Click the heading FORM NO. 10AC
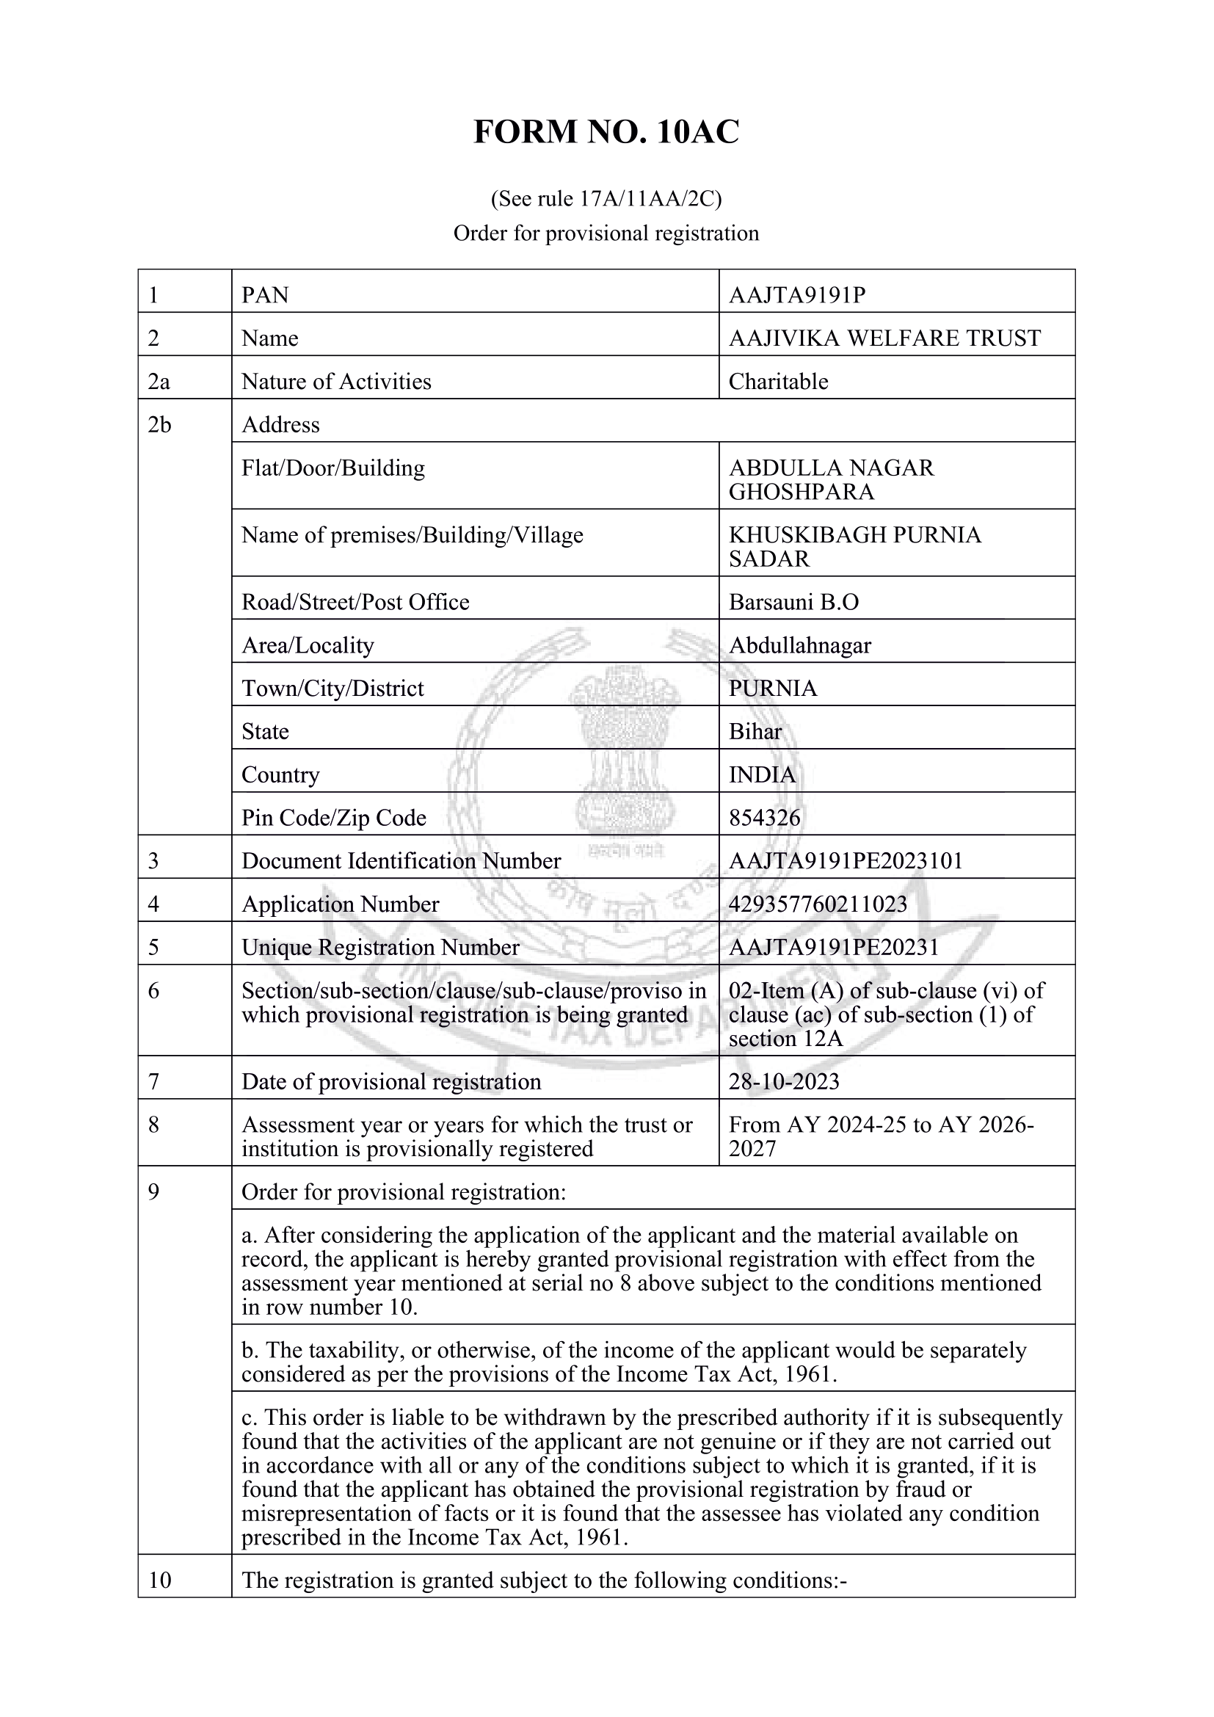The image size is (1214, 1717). [606, 132]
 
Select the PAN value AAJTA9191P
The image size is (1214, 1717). [797, 295]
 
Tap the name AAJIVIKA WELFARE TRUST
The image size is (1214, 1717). [884, 338]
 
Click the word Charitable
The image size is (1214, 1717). [778, 382]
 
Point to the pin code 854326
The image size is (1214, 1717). [764, 818]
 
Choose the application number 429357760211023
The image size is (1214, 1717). [818, 905]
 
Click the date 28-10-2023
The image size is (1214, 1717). [784, 1082]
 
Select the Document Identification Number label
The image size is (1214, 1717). [401, 862]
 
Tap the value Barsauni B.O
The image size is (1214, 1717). [794, 603]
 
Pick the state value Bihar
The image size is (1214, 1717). [755, 731]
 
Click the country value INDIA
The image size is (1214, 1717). [762, 774]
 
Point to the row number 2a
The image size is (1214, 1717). [159, 382]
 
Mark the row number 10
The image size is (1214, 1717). [160, 1580]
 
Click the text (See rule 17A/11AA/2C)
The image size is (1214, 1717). [606, 199]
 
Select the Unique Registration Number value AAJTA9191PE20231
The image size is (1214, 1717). [834, 948]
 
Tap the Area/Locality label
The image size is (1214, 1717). [308, 645]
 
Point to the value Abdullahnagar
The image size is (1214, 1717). [800, 645]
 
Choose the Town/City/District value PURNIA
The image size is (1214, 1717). [773, 689]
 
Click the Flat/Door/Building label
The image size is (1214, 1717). [332, 468]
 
